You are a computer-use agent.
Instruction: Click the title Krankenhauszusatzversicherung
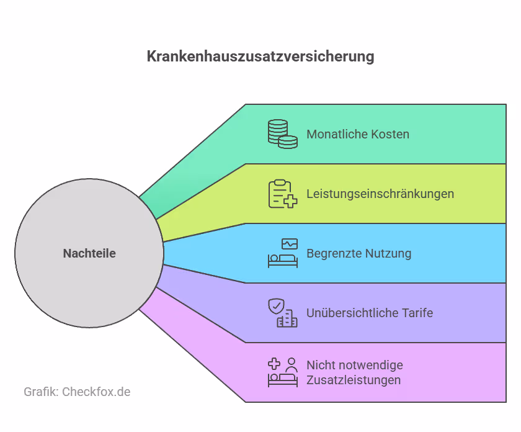[x=260, y=56]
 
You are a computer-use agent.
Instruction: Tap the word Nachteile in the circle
[x=89, y=253]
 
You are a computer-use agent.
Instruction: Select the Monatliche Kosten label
[x=358, y=134]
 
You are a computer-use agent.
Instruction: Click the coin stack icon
[x=282, y=134]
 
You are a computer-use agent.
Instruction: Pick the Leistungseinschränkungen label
[x=380, y=194]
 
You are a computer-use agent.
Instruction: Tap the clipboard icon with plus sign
[x=282, y=194]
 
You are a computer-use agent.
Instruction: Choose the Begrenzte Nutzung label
[x=359, y=253]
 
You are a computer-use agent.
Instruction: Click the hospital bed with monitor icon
[x=282, y=253]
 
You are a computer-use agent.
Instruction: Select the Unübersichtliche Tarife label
[x=370, y=313]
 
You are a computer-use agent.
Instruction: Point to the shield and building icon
[x=282, y=313]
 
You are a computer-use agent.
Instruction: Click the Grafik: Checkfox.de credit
[x=77, y=392]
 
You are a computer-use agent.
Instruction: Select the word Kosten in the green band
[x=390, y=134]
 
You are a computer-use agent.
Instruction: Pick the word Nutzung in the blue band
[x=390, y=253]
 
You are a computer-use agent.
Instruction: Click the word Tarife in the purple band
[x=416, y=313]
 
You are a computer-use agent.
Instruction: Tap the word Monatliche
[x=337, y=134]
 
